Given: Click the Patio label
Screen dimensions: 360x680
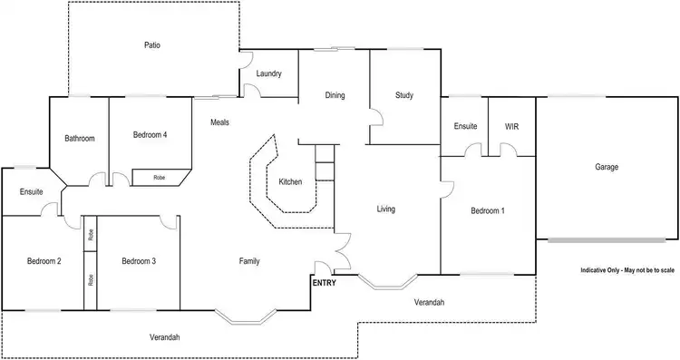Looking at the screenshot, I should click(x=152, y=44).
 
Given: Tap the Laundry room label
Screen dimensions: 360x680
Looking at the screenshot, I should click(x=269, y=73).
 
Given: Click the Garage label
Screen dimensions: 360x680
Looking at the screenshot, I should click(x=607, y=168).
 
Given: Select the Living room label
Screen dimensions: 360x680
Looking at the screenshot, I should click(x=387, y=209).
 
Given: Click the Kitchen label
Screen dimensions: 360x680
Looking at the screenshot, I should click(x=290, y=182).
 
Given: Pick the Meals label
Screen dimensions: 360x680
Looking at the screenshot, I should click(x=219, y=122).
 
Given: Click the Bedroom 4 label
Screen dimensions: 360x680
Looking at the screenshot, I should click(x=150, y=135).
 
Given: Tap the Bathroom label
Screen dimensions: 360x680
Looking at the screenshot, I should click(x=80, y=139).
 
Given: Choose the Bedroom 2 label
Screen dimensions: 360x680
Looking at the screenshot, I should click(x=44, y=261).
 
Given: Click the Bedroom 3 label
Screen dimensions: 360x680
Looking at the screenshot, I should click(x=139, y=261).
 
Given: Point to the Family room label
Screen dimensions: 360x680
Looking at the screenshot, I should click(x=249, y=261).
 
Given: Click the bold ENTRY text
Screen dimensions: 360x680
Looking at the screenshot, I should click(x=325, y=283).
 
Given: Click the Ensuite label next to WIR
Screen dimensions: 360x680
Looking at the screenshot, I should click(x=465, y=126).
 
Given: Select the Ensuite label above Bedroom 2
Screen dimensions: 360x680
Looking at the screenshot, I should click(x=31, y=192).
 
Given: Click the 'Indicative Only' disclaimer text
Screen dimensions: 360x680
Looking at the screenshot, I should click(x=627, y=271).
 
